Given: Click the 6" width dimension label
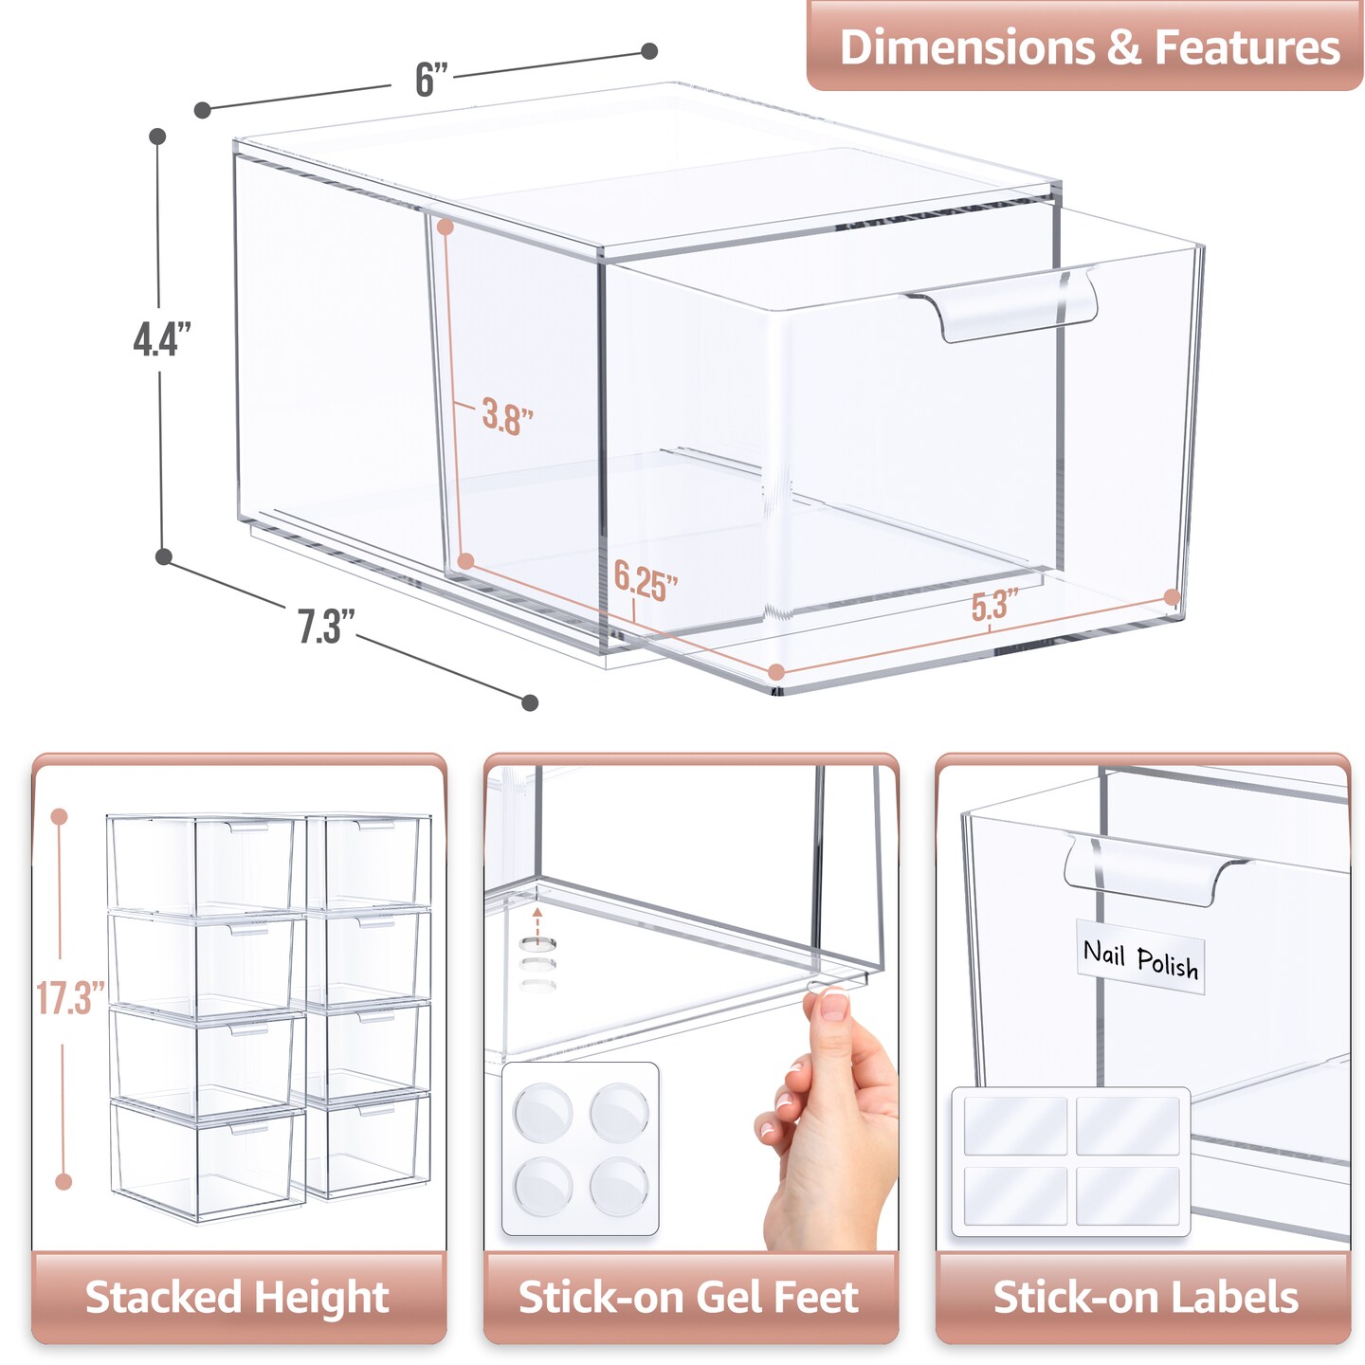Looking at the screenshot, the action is pyautogui.click(x=431, y=79).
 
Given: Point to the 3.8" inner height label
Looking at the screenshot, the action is pyautogui.click(x=507, y=416).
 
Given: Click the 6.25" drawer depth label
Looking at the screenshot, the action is pyautogui.click(x=646, y=582).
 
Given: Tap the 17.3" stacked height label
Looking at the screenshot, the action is pyautogui.click(x=70, y=998).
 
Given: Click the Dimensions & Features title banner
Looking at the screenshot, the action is pyautogui.click(x=1085, y=46).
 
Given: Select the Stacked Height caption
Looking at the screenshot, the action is pyautogui.click(x=237, y=1297).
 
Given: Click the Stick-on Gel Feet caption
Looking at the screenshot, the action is pyautogui.click(x=688, y=1297).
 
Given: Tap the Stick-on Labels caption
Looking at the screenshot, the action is pyautogui.click(x=1145, y=1297).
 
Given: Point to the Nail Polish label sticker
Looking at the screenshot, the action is pyautogui.click(x=1139, y=956).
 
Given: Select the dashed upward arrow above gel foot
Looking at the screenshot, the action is pyautogui.click(x=537, y=924).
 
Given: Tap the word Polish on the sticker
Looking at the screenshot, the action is pyautogui.click(x=1168, y=963).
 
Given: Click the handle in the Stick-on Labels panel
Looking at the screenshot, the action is pyautogui.click(x=1156, y=871).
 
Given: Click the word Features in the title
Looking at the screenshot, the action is pyautogui.click(x=1248, y=47).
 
